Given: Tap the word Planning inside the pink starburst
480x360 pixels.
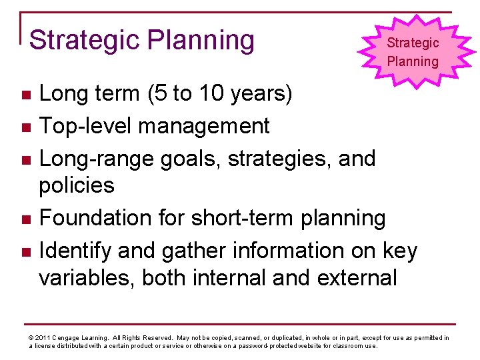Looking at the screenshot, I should coord(413,62).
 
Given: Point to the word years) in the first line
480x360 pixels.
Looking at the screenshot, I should coord(263,94).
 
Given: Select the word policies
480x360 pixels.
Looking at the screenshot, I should coord(77,186).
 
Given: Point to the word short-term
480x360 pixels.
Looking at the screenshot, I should coord(246,218).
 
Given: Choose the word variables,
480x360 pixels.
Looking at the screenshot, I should coord(90,277).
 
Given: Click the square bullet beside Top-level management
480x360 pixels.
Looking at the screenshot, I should coord(25,127).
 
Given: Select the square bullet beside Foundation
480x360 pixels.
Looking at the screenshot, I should coord(25,219).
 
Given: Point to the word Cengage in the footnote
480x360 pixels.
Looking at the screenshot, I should coord(69,338).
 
